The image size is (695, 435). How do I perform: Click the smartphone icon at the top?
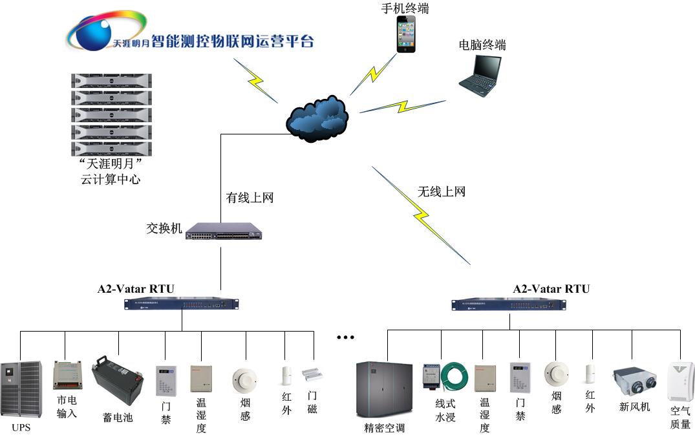(406, 34)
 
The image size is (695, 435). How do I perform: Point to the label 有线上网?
(250, 198)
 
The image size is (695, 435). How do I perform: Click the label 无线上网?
(442, 191)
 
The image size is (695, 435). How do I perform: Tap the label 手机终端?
(405, 8)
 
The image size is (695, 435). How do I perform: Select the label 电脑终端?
(482, 45)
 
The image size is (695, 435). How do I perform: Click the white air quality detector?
(680, 381)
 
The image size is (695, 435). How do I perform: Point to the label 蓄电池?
(117, 418)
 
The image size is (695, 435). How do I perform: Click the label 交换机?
(164, 228)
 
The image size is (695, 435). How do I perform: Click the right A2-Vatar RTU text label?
(551, 289)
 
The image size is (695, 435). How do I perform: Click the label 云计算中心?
(111, 180)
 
